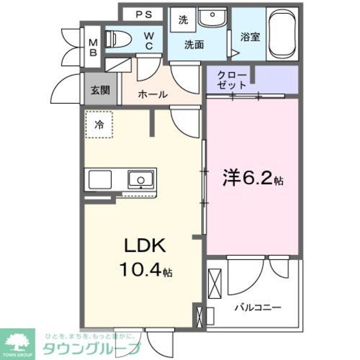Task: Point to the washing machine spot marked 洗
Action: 182,19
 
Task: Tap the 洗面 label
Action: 194,44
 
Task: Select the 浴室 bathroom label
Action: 250,37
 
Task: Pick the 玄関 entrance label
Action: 100,91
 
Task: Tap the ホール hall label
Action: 152,94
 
